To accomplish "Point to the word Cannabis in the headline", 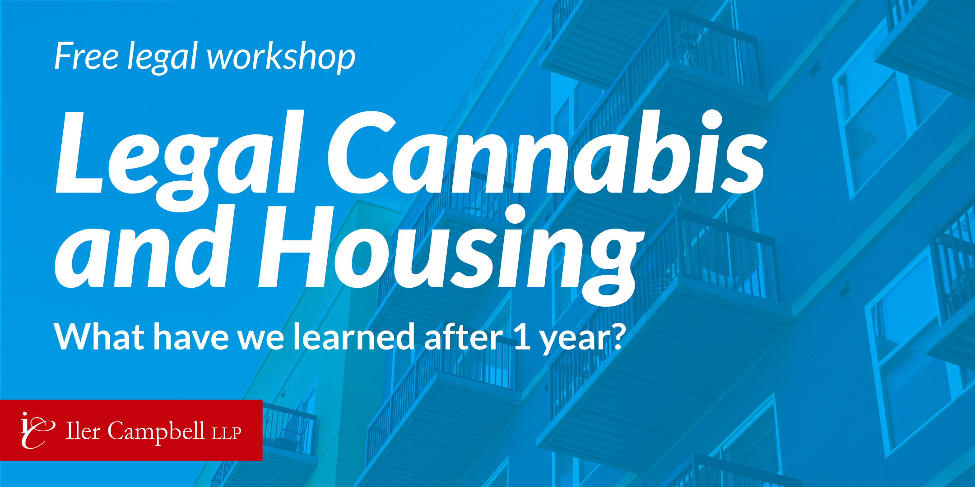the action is (x=547, y=152).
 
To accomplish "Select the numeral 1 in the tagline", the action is (x=522, y=337).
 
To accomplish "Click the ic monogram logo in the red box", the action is (x=37, y=430).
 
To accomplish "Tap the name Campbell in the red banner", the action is (x=156, y=432).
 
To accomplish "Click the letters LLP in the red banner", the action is (x=227, y=433).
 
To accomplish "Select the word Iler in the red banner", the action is (x=83, y=431).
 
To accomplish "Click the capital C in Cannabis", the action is (x=362, y=152).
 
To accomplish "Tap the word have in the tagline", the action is (x=191, y=336).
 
